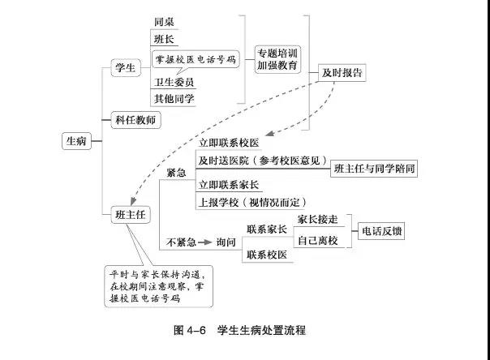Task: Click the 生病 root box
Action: (76, 139)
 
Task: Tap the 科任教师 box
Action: (135, 120)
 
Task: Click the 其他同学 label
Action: (174, 99)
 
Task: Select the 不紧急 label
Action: (181, 242)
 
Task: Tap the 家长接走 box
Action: (318, 220)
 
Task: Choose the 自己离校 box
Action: (318, 242)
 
